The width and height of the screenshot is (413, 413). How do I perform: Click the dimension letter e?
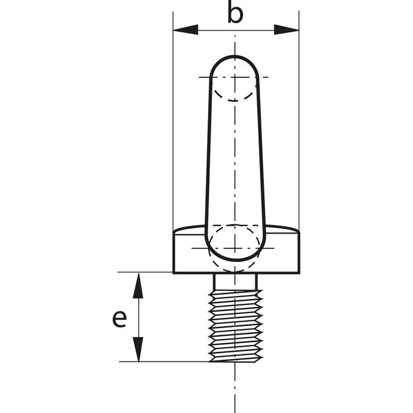click(x=119, y=318)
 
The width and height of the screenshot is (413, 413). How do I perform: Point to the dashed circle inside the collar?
click(x=233, y=247)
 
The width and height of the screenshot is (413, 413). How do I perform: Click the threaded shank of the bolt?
click(x=236, y=323)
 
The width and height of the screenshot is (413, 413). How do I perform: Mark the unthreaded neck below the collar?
click(x=236, y=281)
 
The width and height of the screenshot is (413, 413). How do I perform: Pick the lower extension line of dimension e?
click(x=161, y=361)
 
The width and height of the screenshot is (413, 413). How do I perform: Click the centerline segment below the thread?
click(x=235, y=387)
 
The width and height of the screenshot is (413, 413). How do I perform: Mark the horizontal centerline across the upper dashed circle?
click(x=204, y=77)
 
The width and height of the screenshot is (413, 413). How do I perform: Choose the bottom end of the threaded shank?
click(x=236, y=360)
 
